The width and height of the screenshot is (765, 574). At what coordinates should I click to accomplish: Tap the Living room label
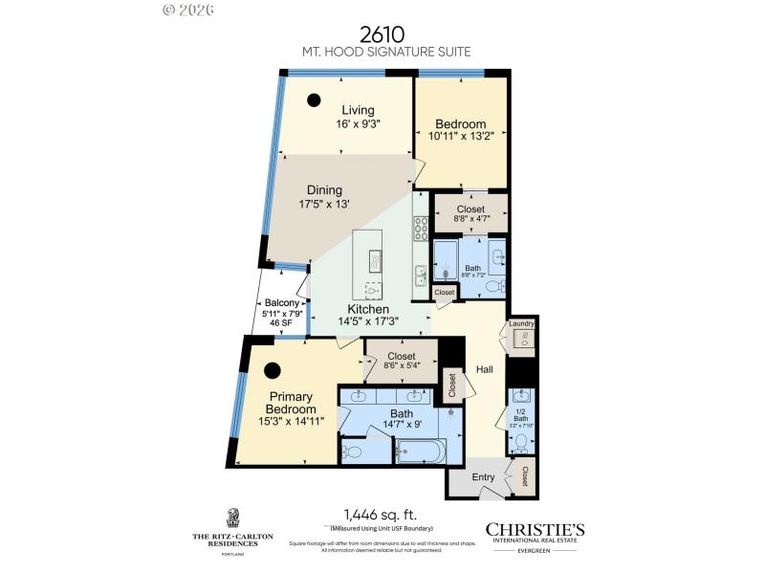[359, 110]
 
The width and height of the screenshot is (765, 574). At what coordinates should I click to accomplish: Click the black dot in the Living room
[314, 98]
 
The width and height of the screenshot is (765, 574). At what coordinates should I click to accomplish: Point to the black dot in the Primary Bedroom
[273, 370]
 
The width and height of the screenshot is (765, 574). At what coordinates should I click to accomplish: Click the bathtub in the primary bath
[427, 451]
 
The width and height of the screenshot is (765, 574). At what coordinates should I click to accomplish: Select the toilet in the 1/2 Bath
[520, 442]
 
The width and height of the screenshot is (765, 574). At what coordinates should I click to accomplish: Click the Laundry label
[521, 324]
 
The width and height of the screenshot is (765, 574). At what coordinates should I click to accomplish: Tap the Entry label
[484, 476]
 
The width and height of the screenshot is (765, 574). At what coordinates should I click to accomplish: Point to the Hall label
[484, 368]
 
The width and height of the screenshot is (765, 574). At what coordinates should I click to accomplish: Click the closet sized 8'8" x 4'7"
[470, 213]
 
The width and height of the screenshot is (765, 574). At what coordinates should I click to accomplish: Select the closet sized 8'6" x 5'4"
[401, 360]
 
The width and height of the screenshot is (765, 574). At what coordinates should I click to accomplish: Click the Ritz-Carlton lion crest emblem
[232, 518]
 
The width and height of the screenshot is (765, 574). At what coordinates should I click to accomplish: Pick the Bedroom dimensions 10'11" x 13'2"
[461, 137]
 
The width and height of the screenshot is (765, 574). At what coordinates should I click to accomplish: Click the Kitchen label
[367, 309]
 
